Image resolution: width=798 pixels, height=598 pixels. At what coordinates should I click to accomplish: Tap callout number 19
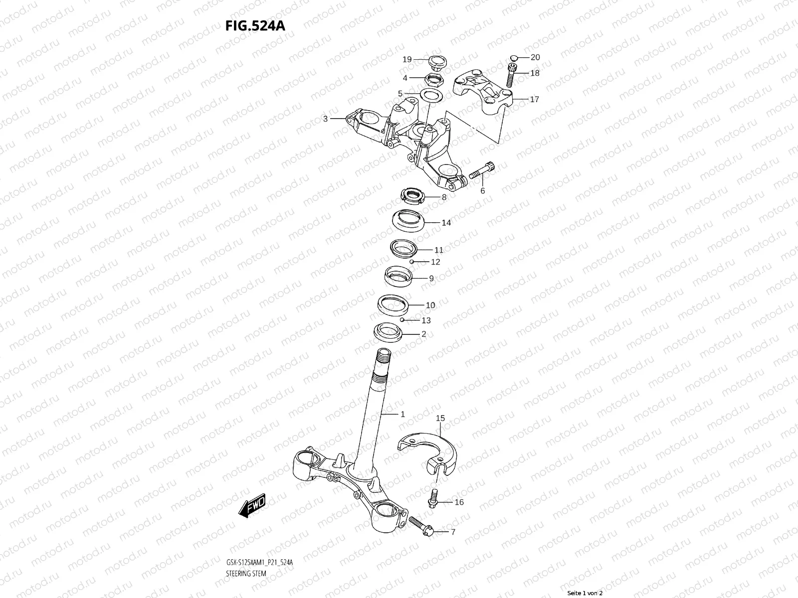(x=407, y=59)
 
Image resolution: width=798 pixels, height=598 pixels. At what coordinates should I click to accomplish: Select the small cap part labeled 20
(x=514, y=58)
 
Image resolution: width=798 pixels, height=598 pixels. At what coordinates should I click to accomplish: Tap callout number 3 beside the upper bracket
(x=325, y=119)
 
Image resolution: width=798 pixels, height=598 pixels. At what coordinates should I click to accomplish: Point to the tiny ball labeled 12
(x=412, y=261)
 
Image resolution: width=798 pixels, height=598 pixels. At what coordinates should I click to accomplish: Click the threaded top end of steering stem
(x=385, y=357)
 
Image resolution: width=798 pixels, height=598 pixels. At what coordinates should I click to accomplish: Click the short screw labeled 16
(x=433, y=498)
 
